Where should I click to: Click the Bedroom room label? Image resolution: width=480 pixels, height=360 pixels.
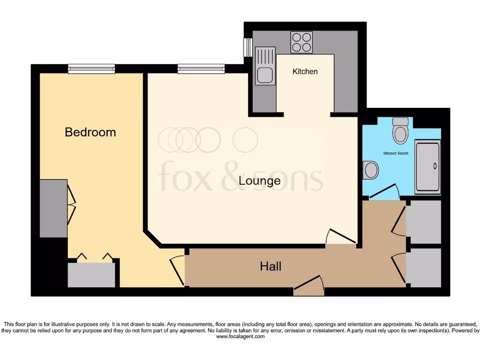[x=90, y=132]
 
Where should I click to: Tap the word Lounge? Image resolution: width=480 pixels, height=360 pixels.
[x=260, y=180]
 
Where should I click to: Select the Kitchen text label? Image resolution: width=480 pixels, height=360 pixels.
[x=305, y=71]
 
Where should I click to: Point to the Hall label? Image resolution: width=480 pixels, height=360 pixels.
[x=270, y=267]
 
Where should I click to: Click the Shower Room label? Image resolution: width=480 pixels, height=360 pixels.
[x=395, y=153]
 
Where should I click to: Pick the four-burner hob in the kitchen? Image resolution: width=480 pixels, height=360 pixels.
[x=301, y=42]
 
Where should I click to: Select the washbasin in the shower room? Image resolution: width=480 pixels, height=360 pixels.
[x=370, y=170]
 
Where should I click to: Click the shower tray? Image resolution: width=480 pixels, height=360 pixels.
[x=427, y=167]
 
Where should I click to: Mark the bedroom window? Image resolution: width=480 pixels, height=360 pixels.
[x=91, y=69]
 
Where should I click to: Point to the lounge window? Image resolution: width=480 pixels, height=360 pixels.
[x=201, y=69]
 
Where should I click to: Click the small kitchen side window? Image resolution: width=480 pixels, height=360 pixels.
[x=246, y=47]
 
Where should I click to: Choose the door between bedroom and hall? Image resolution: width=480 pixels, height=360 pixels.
[x=177, y=271]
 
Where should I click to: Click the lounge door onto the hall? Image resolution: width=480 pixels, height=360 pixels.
[x=341, y=237]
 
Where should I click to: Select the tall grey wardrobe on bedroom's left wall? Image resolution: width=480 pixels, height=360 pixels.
[x=53, y=208]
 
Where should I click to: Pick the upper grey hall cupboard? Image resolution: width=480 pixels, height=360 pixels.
[x=423, y=222]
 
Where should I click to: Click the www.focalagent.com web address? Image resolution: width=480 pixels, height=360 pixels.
[x=240, y=336]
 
